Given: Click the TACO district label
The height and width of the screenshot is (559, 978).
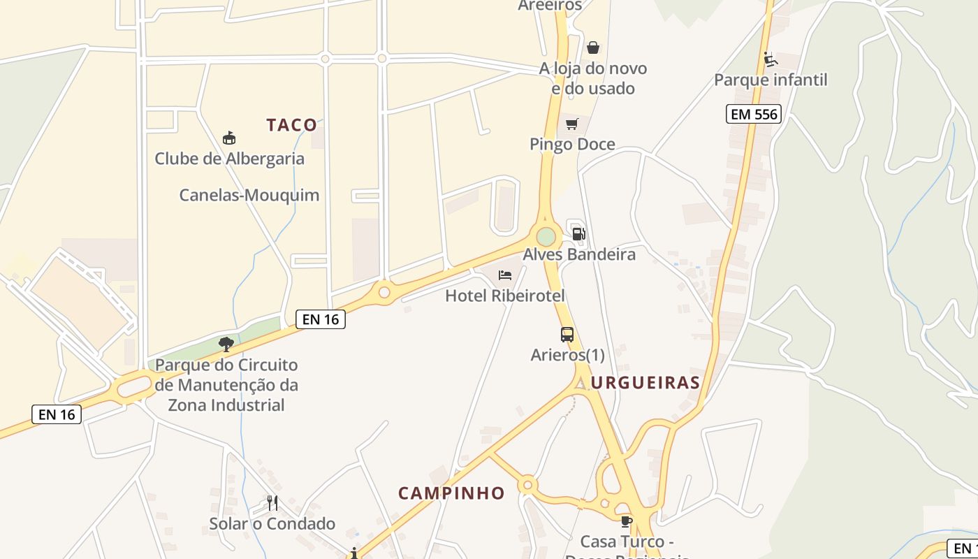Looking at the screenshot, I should pyautogui.click(x=292, y=125).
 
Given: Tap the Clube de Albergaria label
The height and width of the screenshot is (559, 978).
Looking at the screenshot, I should pyautogui.click(x=229, y=159).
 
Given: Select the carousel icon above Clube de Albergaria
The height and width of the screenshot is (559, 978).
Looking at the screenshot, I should pyautogui.click(x=228, y=138).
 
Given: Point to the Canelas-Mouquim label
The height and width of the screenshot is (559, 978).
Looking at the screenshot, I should pyautogui.click(x=249, y=195).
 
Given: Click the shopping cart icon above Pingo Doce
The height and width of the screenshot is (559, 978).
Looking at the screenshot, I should pyautogui.click(x=572, y=124).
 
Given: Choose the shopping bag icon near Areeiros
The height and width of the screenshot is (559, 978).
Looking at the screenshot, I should pyautogui.click(x=592, y=48).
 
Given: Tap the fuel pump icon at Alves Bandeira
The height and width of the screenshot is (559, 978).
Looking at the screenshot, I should pyautogui.click(x=578, y=233).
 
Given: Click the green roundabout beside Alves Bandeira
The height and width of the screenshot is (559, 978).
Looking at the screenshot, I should pyautogui.click(x=546, y=236).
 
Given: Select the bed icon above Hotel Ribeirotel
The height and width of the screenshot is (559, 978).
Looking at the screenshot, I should pyautogui.click(x=505, y=275).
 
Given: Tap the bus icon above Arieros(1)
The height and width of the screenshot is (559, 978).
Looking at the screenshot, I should pyautogui.click(x=567, y=335).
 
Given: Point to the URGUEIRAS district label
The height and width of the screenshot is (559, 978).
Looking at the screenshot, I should pyautogui.click(x=645, y=382).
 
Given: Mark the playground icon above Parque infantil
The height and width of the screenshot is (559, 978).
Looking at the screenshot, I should pyautogui.click(x=770, y=59).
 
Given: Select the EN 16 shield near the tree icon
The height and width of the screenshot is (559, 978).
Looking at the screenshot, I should pyautogui.click(x=321, y=319).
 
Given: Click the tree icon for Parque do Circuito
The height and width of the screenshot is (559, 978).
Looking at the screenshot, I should pyautogui.click(x=226, y=344).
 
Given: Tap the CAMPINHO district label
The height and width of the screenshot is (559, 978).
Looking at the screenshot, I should pyautogui.click(x=451, y=493).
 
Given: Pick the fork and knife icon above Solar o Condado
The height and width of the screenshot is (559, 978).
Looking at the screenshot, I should pyautogui.click(x=272, y=502).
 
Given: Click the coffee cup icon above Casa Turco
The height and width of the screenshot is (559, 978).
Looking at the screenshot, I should pyautogui.click(x=626, y=521).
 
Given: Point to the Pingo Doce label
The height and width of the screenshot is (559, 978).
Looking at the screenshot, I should pyautogui.click(x=572, y=145).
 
